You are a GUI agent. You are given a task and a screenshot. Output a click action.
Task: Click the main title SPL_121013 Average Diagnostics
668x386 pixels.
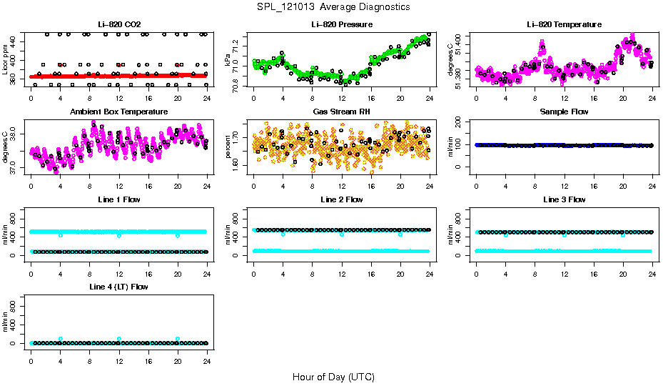(x=334, y=6)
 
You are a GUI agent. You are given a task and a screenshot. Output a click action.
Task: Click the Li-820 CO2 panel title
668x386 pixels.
(x=119, y=24)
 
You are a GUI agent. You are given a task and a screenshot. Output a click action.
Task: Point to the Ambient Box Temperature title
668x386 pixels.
(x=119, y=112)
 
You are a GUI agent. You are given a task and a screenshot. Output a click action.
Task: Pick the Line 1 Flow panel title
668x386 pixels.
(x=119, y=199)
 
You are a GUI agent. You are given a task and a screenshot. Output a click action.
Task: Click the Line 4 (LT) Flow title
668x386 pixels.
(x=119, y=287)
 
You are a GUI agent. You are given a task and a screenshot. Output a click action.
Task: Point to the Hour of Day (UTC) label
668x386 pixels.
(x=333, y=376)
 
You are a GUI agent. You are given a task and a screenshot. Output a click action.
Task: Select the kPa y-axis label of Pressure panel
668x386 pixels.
(x=228, y=59)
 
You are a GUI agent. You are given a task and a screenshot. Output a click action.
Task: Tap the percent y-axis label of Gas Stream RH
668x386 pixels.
(x=228, y=147)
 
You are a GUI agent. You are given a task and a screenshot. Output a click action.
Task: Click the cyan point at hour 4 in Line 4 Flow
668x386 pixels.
(x=61, y=339)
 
